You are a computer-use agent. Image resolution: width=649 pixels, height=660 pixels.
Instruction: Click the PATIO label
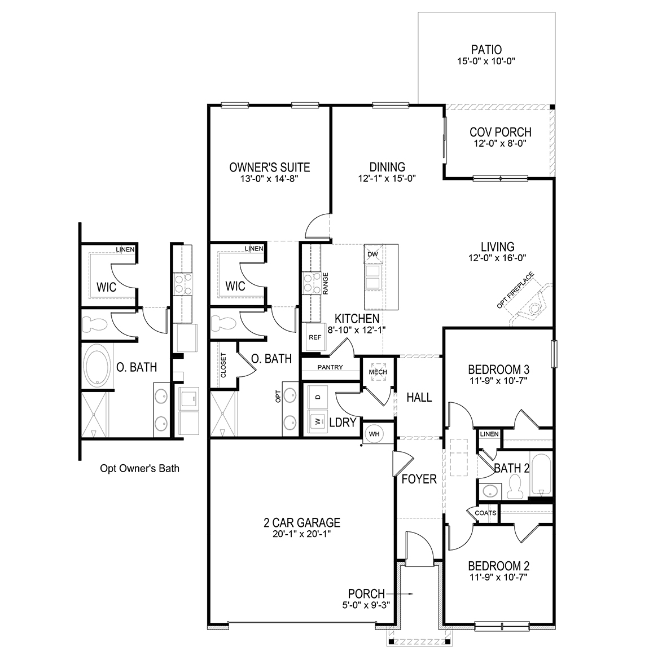point(486,50)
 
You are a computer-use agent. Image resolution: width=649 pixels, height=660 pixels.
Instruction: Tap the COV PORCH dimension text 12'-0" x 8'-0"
point(500,144)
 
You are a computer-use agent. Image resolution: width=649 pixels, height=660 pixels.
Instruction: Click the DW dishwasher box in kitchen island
point(372,254)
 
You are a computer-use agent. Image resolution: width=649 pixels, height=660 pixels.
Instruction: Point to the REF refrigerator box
point(314,337)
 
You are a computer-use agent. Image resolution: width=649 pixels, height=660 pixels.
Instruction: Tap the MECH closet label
point(378,372)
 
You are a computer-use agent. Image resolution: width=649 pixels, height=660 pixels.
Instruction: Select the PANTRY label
point(330,367)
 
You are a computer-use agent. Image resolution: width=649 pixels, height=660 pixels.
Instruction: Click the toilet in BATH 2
point(514,486)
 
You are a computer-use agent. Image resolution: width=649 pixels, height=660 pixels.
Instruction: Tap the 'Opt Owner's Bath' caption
point(139,468)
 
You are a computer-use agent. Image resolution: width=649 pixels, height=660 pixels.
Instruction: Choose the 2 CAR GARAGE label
point(301,523)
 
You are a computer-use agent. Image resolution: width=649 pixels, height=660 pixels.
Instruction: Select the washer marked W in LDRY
point(317,420)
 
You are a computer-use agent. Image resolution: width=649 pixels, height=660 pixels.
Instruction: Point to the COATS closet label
point(485,513)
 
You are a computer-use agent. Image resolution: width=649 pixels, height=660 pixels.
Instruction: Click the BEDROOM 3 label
point(498,370)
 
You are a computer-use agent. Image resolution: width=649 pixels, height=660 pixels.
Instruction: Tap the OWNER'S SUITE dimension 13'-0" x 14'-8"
point(269,179)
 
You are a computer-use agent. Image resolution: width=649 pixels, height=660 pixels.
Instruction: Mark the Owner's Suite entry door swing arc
point(314,227)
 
